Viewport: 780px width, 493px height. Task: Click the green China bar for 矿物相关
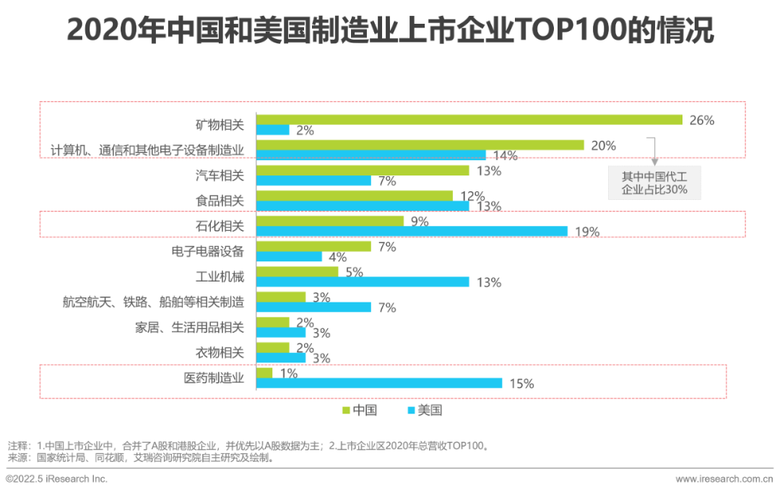tap(469, 120)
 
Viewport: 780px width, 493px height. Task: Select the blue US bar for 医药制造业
tap(379, 383)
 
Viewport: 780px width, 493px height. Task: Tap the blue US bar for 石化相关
tap(412, 231)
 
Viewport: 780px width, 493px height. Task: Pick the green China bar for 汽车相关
tap(363, 171)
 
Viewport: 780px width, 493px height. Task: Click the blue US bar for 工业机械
tap(363, 282)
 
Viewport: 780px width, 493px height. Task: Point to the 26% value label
tap(702, 121)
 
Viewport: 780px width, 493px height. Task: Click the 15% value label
tap(521, 384)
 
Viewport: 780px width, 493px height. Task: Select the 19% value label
tap(587, 232)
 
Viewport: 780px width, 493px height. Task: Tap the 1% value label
tap(289, 373)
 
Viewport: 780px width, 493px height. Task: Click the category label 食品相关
tap(220, 201)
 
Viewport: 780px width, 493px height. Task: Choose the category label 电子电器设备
tap(208, 251)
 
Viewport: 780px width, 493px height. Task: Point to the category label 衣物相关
tap(220, 353)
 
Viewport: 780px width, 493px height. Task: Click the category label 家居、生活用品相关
tap(190, 328)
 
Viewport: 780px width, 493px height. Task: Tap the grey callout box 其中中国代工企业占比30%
tap(654, 183)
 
